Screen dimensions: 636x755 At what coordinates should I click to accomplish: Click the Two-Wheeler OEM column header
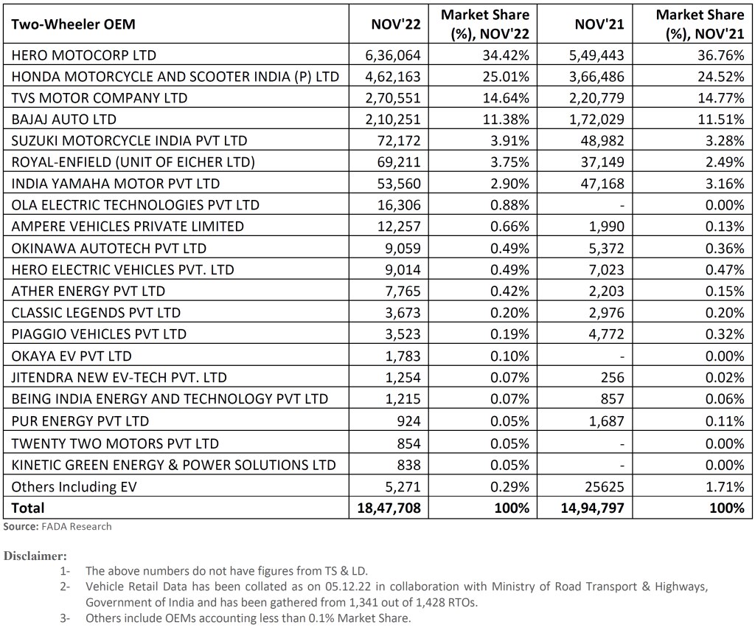73,24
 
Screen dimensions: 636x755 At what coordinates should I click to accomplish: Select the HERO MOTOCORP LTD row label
83,55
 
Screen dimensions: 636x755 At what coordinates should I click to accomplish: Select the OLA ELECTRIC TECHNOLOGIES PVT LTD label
135,204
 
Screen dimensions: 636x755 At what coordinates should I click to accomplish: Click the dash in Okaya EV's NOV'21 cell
622,356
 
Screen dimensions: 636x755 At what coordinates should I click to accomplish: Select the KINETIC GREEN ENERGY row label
173,464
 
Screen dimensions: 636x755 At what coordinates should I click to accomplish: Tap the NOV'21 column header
599,24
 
